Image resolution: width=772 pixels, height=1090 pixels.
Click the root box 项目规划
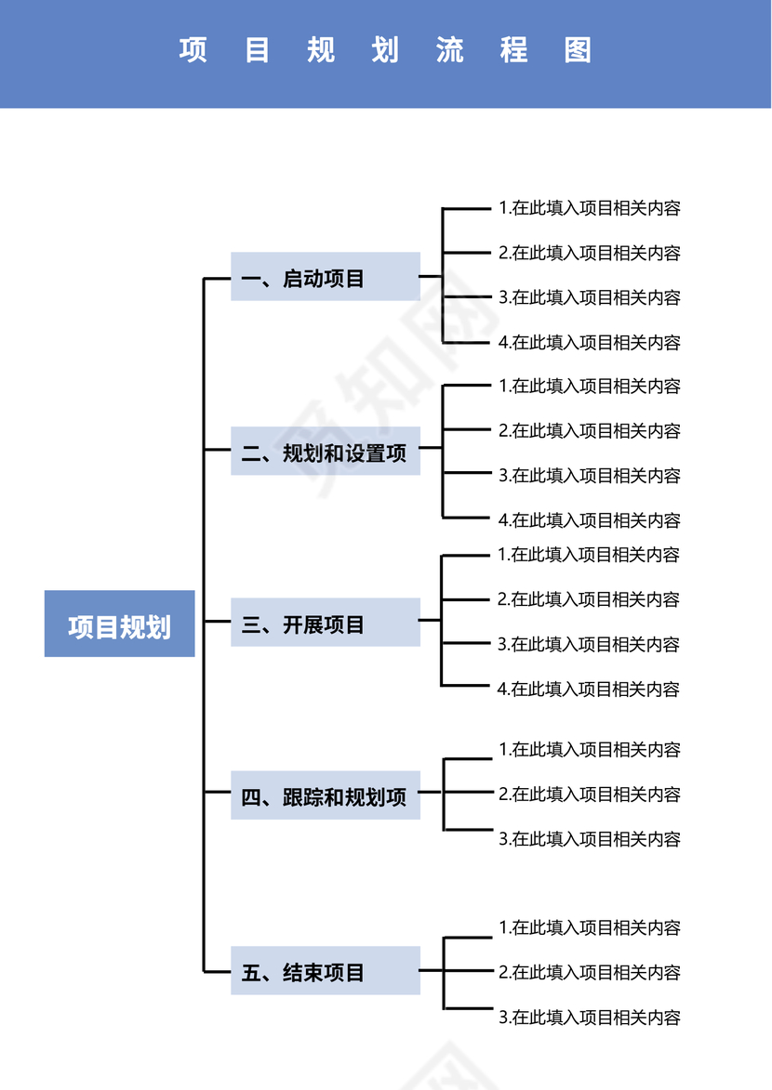point(119,624)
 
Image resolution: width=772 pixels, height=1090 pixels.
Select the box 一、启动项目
point(325,276)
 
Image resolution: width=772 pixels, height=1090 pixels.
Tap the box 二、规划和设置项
point(325,453)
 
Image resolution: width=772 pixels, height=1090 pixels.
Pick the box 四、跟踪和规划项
point(325,795)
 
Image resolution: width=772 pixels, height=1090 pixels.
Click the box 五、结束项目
point(325,971)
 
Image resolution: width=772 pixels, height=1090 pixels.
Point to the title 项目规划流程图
point(385,50)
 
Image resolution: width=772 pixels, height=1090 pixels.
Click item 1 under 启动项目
point(590,208)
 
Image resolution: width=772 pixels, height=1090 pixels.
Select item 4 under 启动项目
point(590,343)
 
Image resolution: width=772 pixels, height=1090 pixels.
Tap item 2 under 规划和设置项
point(590,431)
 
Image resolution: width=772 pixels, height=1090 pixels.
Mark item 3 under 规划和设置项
point(590,476)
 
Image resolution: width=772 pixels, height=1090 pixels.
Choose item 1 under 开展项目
point(590,555)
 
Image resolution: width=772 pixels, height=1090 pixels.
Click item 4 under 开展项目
point(590,689)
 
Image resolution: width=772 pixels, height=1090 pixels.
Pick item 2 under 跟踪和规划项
point(590,795)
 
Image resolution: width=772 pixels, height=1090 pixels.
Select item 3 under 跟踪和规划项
point(590,839)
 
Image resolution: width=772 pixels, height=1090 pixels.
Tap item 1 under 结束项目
point(590,927)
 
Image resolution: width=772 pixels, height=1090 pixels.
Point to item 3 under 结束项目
point(590,1018)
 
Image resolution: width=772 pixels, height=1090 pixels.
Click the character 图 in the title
point(578,50)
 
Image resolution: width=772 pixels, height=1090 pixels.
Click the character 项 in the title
point(193,50)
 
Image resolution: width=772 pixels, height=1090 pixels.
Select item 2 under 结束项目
point(590,973)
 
